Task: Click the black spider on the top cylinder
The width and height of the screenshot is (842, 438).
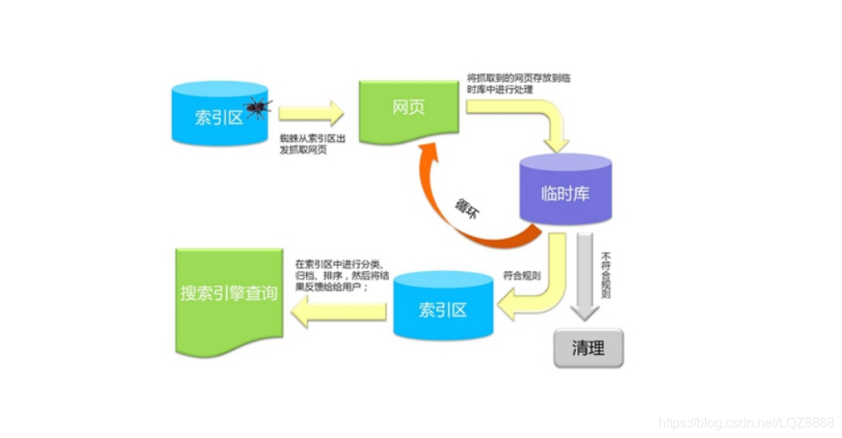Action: (258, 106)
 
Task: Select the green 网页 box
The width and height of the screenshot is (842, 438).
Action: (408, 110)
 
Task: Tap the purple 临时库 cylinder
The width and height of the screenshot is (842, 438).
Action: (565, 191)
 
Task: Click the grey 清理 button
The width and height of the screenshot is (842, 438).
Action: (588, 349)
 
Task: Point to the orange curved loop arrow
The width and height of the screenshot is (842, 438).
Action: (449, 204)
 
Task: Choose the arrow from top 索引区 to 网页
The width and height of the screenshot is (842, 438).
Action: (311, 113)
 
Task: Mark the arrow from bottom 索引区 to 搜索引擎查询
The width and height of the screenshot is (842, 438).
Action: (337, 312)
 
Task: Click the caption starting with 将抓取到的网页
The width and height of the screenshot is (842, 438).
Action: (518, 83)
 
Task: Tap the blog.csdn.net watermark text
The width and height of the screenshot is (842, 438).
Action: (746, 423)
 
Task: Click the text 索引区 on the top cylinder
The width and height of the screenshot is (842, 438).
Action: (219, 117)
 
